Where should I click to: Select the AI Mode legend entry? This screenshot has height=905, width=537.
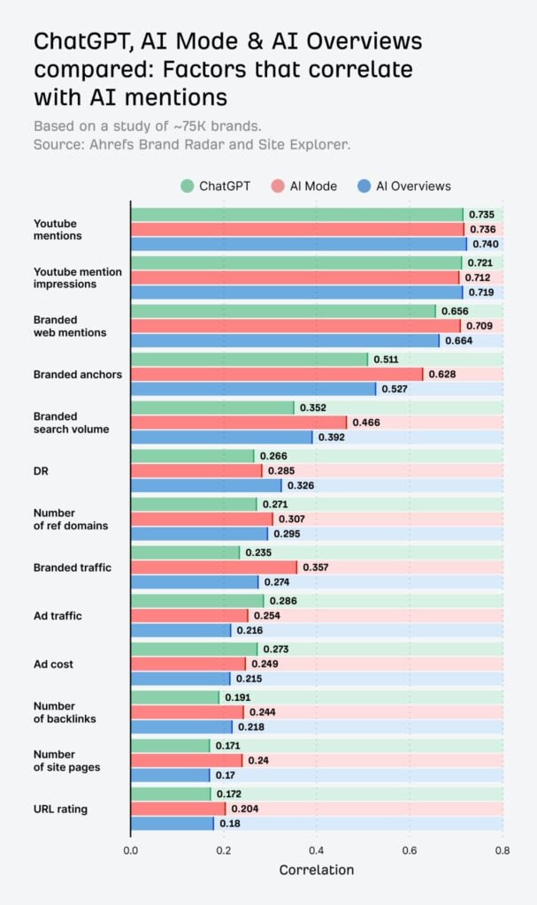(308, 186)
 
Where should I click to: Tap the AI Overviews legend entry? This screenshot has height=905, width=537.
(404, 186)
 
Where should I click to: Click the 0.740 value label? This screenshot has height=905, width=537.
(484, 244)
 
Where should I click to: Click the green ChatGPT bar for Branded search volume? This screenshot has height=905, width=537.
(212, 407)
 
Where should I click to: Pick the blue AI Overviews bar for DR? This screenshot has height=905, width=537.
(206, 485)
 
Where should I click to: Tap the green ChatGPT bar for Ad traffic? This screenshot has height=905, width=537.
(197, 600)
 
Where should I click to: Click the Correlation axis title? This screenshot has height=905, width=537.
(316, 870)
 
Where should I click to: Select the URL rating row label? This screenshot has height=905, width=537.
(60, 809)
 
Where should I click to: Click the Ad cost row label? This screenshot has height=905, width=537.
(54, 663)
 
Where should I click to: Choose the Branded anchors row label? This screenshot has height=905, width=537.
(78, 374)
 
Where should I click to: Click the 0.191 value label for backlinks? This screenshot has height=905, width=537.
(238, 697)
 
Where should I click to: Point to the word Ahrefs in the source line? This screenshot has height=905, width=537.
(102, 144)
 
